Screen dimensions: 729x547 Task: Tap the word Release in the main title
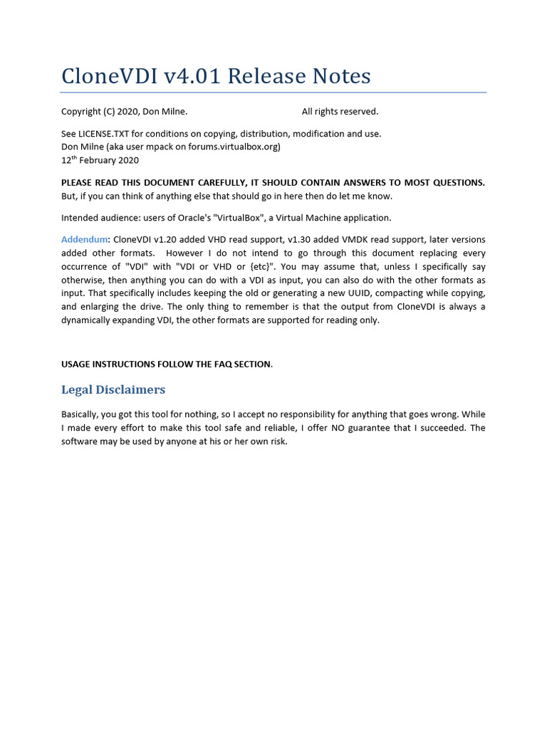pyautogui.click(x=268, y=75)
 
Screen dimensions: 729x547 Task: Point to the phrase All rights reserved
pyautogui.click(x=340, y=112)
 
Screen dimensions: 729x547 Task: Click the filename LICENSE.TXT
pyautogui.click(x=104, y=134)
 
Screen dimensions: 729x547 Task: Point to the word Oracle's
pyautogui.click(x=192, y=218)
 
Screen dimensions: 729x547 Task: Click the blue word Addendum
pyautogui.click(x=84, y=240)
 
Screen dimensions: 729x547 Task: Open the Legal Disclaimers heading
pyautogui.click(x=113, y=390)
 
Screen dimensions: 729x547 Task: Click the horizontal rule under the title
pyautogui.click(x=273, y=93)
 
